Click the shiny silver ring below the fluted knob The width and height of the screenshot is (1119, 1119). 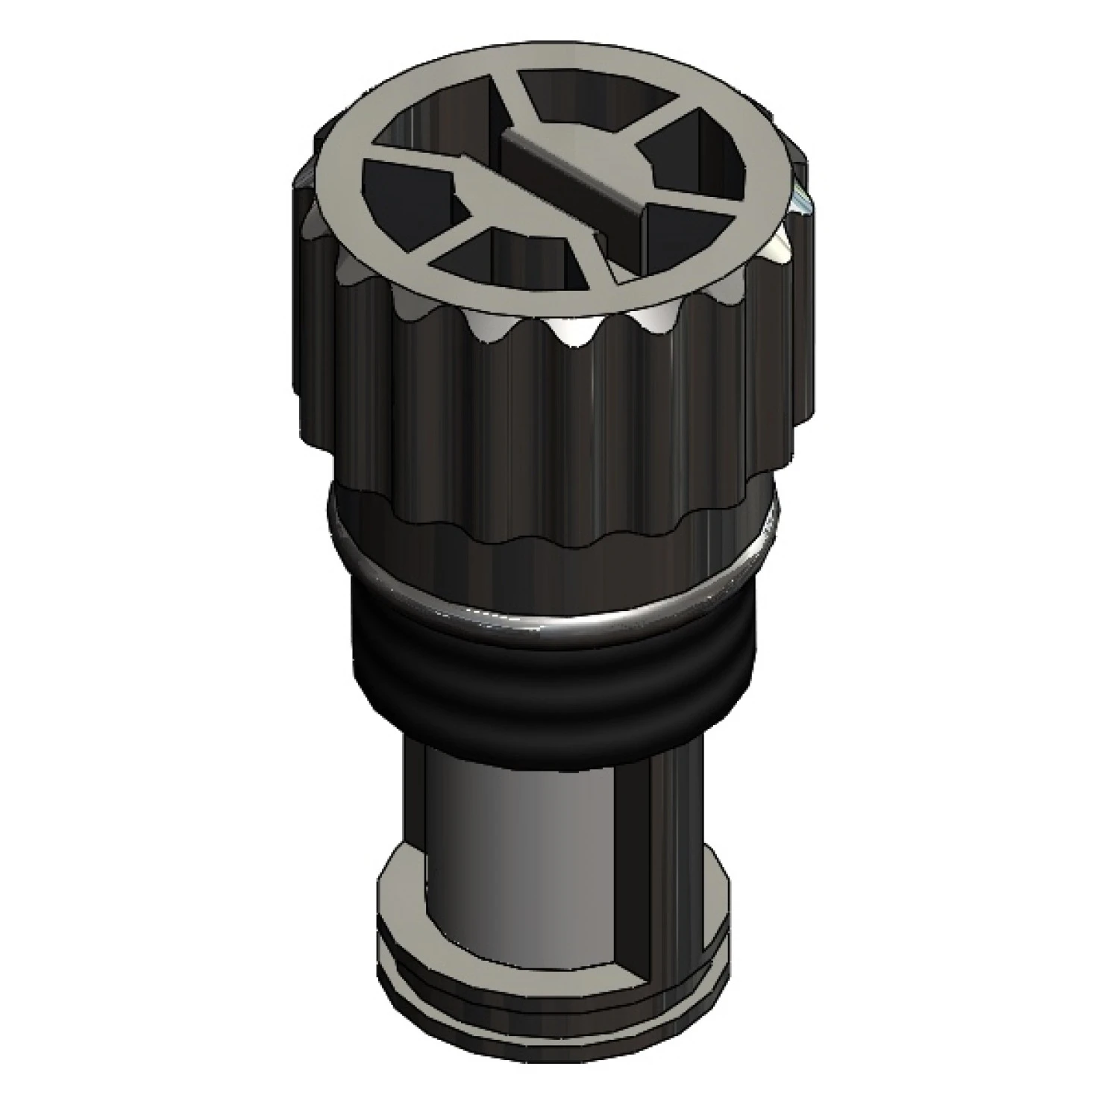point(552,608)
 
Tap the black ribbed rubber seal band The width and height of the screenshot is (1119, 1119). point(552,671)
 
